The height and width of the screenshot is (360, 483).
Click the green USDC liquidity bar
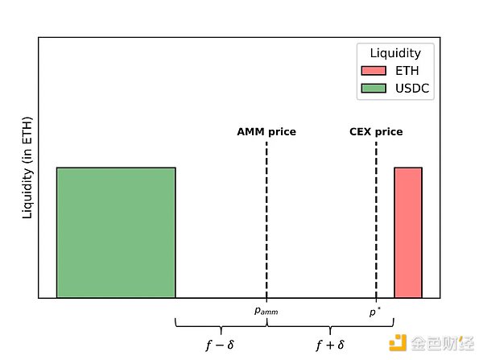tap(116, 233)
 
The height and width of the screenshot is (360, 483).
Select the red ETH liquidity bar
tap(407, 233)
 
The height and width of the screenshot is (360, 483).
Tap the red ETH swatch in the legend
tap(374, 71)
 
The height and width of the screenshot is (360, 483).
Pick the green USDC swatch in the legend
tap(374, 89)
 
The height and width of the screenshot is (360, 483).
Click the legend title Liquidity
tap(395, 53)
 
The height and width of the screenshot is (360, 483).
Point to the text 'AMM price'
tap(266, 131)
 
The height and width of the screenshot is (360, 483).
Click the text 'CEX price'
tap(376, 131)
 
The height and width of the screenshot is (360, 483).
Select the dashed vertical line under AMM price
tap(266, 217)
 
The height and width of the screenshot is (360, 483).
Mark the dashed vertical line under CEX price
tap(376, 217)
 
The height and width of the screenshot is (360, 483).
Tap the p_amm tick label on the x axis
tap(266, 310)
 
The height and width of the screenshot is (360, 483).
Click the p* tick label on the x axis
tap(375, 309)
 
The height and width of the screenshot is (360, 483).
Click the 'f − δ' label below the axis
tap(220, 345)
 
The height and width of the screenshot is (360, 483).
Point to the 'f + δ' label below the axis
tap(330, 345)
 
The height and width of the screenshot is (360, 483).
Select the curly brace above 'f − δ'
tap(221, 325)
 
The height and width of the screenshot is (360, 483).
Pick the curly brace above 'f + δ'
tap(330, 325)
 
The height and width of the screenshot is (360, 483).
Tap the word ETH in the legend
tap(407, 71)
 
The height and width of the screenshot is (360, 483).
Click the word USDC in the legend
tap(413, 89)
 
